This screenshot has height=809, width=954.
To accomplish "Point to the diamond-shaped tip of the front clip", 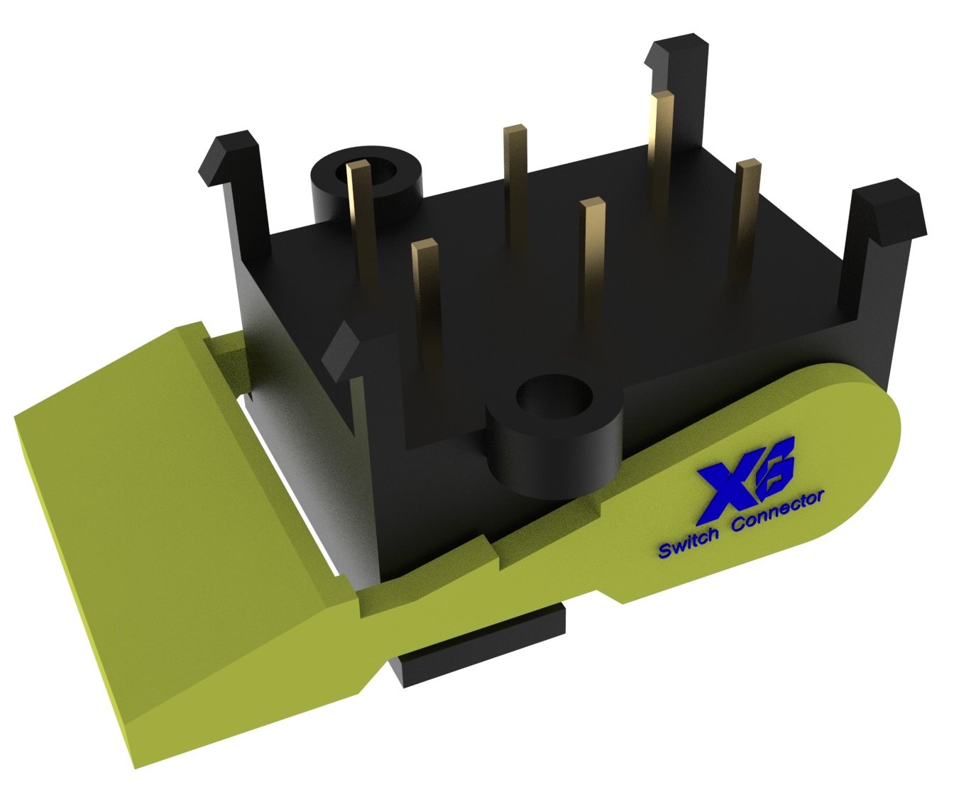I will [x=342, y=346].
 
